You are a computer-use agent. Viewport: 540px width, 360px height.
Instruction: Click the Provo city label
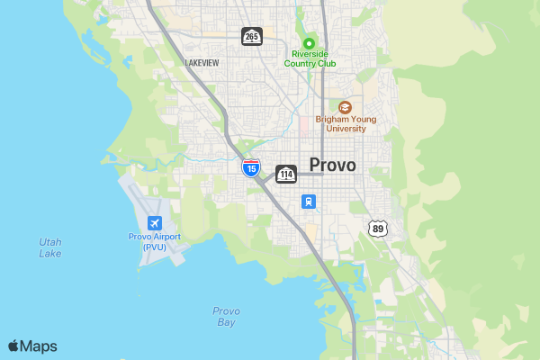[x=332, y=165]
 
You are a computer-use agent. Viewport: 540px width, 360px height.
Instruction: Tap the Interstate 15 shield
[x=251, y=167]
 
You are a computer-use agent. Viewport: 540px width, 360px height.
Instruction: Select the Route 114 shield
[x=286, y=174]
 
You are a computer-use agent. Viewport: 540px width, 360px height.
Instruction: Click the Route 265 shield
[x=251, y=36]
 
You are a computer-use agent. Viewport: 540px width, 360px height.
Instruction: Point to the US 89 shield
[x=378, y=229]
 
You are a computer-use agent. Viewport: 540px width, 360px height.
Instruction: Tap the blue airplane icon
[x=155, y=222]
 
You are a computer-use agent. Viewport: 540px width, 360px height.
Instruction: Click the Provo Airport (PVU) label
[x=154, y=241]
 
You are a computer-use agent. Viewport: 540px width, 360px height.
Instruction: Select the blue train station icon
[x=309, y=202]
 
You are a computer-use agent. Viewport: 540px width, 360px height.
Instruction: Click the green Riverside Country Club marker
[x=309, y=43]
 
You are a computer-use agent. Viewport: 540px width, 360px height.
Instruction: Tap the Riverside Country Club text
[x=309, y=58]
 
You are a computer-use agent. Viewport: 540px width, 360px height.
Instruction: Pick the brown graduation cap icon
[x=345, y=106]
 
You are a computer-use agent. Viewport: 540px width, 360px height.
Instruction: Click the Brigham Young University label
[x=346, y=123]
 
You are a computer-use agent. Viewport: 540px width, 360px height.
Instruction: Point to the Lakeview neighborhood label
[x=202, y=63]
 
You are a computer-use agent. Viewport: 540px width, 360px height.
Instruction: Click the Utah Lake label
[x=50, y=247]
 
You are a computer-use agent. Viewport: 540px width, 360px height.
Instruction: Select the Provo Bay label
[x=226, y=316]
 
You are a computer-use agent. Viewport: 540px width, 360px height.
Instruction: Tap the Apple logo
[x=13, y=346]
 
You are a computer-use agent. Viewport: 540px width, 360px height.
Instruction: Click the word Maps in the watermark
[x=39, y=346]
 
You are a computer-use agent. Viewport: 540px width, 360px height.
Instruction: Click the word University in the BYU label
[x=346, y=129]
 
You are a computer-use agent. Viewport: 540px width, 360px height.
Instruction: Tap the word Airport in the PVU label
[x=166, y=237]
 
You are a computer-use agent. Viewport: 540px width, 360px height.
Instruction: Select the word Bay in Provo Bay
[x=226, y=322]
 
